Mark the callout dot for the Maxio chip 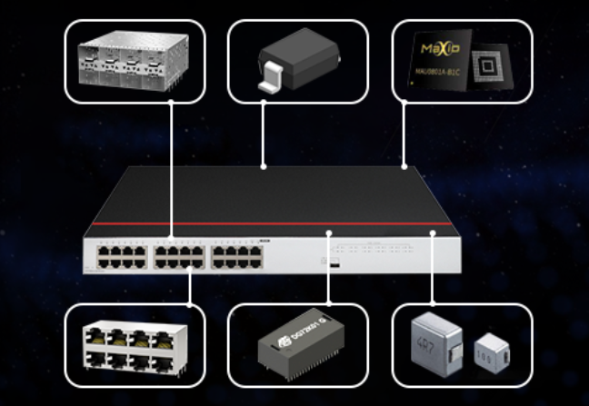click(x=404, y=166)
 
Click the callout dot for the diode click(x=264, y=166)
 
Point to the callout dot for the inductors click(x=434, y=233)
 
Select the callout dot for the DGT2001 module click(x=328, y=233)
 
